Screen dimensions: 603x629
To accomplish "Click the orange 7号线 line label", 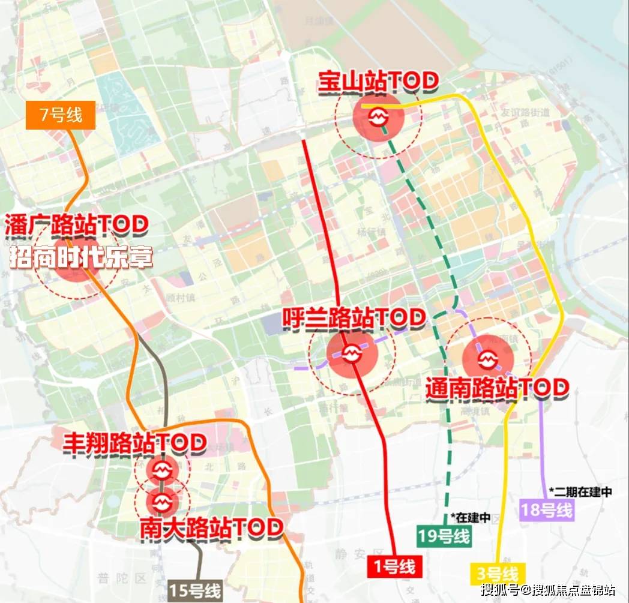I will (x=61, y=114).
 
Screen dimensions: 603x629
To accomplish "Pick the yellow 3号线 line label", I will (x=498, y=574).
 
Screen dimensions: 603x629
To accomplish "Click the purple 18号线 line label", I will (x=547, y=511).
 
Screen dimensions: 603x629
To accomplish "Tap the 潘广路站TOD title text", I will (x=76, y=226).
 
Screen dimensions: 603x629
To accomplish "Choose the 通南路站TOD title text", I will (x=496, y=388).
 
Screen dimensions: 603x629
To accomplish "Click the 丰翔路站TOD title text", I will (x=135, y=443).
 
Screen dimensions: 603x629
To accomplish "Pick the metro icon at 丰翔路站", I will (x=161, y=468).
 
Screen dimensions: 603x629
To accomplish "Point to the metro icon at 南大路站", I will (x=161, y=500).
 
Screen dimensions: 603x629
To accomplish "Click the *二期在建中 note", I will (x=580, y=491).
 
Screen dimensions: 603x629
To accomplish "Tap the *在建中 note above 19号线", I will (x=471, y=517).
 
